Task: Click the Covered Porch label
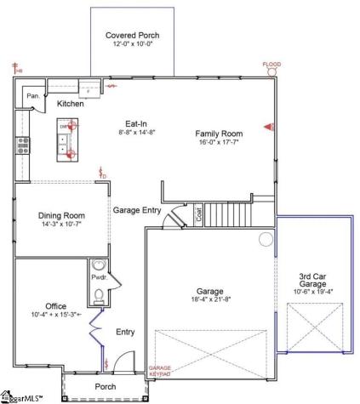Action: (132, 36)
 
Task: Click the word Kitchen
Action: (71, 104)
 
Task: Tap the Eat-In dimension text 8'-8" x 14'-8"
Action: (138, 133)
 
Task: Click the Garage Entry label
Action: (136, 208)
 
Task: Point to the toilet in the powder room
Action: (100, 295)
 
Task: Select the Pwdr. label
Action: (98, 278)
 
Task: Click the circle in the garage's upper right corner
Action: (265, 240)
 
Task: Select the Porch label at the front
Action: (105, 386)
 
